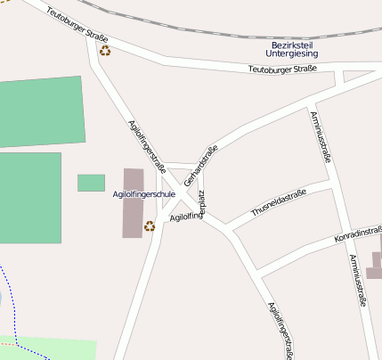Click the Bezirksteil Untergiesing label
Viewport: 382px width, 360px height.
[x=293, y=49]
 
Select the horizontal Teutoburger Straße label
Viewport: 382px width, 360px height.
[x=282, y=70]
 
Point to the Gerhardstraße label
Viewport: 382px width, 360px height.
[x=201, y=164]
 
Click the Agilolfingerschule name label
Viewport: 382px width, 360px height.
[x=144, y=193]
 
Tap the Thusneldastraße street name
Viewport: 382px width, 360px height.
[x=279, y=202]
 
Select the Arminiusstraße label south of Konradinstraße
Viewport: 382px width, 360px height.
[x=357, y=280]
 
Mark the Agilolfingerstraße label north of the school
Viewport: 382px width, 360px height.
[x=148, y=145]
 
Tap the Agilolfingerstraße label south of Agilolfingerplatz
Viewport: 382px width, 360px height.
[x=280, y=330]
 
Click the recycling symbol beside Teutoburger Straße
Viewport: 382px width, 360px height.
[x=105, y=51]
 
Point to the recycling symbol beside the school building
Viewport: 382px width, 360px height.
[x=149, y=225]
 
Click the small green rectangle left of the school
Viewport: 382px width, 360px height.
[x=91, y=183]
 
